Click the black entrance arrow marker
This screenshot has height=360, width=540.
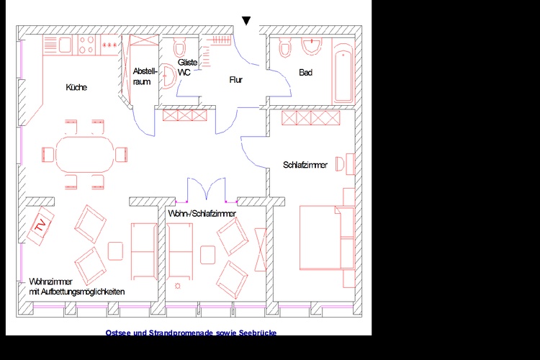[246, 21]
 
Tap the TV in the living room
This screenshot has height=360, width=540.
[40, 225]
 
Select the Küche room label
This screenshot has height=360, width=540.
[76, 87]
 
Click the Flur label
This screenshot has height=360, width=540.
[236, 80]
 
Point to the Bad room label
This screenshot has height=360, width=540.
[305, 72]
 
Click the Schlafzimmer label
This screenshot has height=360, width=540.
[305, 165]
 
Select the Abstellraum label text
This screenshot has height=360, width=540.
[145, 76]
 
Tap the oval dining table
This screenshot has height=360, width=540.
[85, 154]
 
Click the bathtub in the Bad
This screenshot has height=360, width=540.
[343, 72]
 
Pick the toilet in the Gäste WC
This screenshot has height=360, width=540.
[179, 48]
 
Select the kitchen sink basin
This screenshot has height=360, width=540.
[65, 45]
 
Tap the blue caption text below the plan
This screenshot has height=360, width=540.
[191, 333]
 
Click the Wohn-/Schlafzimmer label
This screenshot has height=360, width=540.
[202, 214]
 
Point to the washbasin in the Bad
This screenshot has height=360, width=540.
[311, 46]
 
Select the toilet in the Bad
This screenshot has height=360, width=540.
[284, 48]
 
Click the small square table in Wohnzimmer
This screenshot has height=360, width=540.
[115, 251]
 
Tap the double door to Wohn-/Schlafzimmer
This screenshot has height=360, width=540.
[207, 189]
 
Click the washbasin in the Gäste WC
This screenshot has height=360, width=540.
[168, 76]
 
